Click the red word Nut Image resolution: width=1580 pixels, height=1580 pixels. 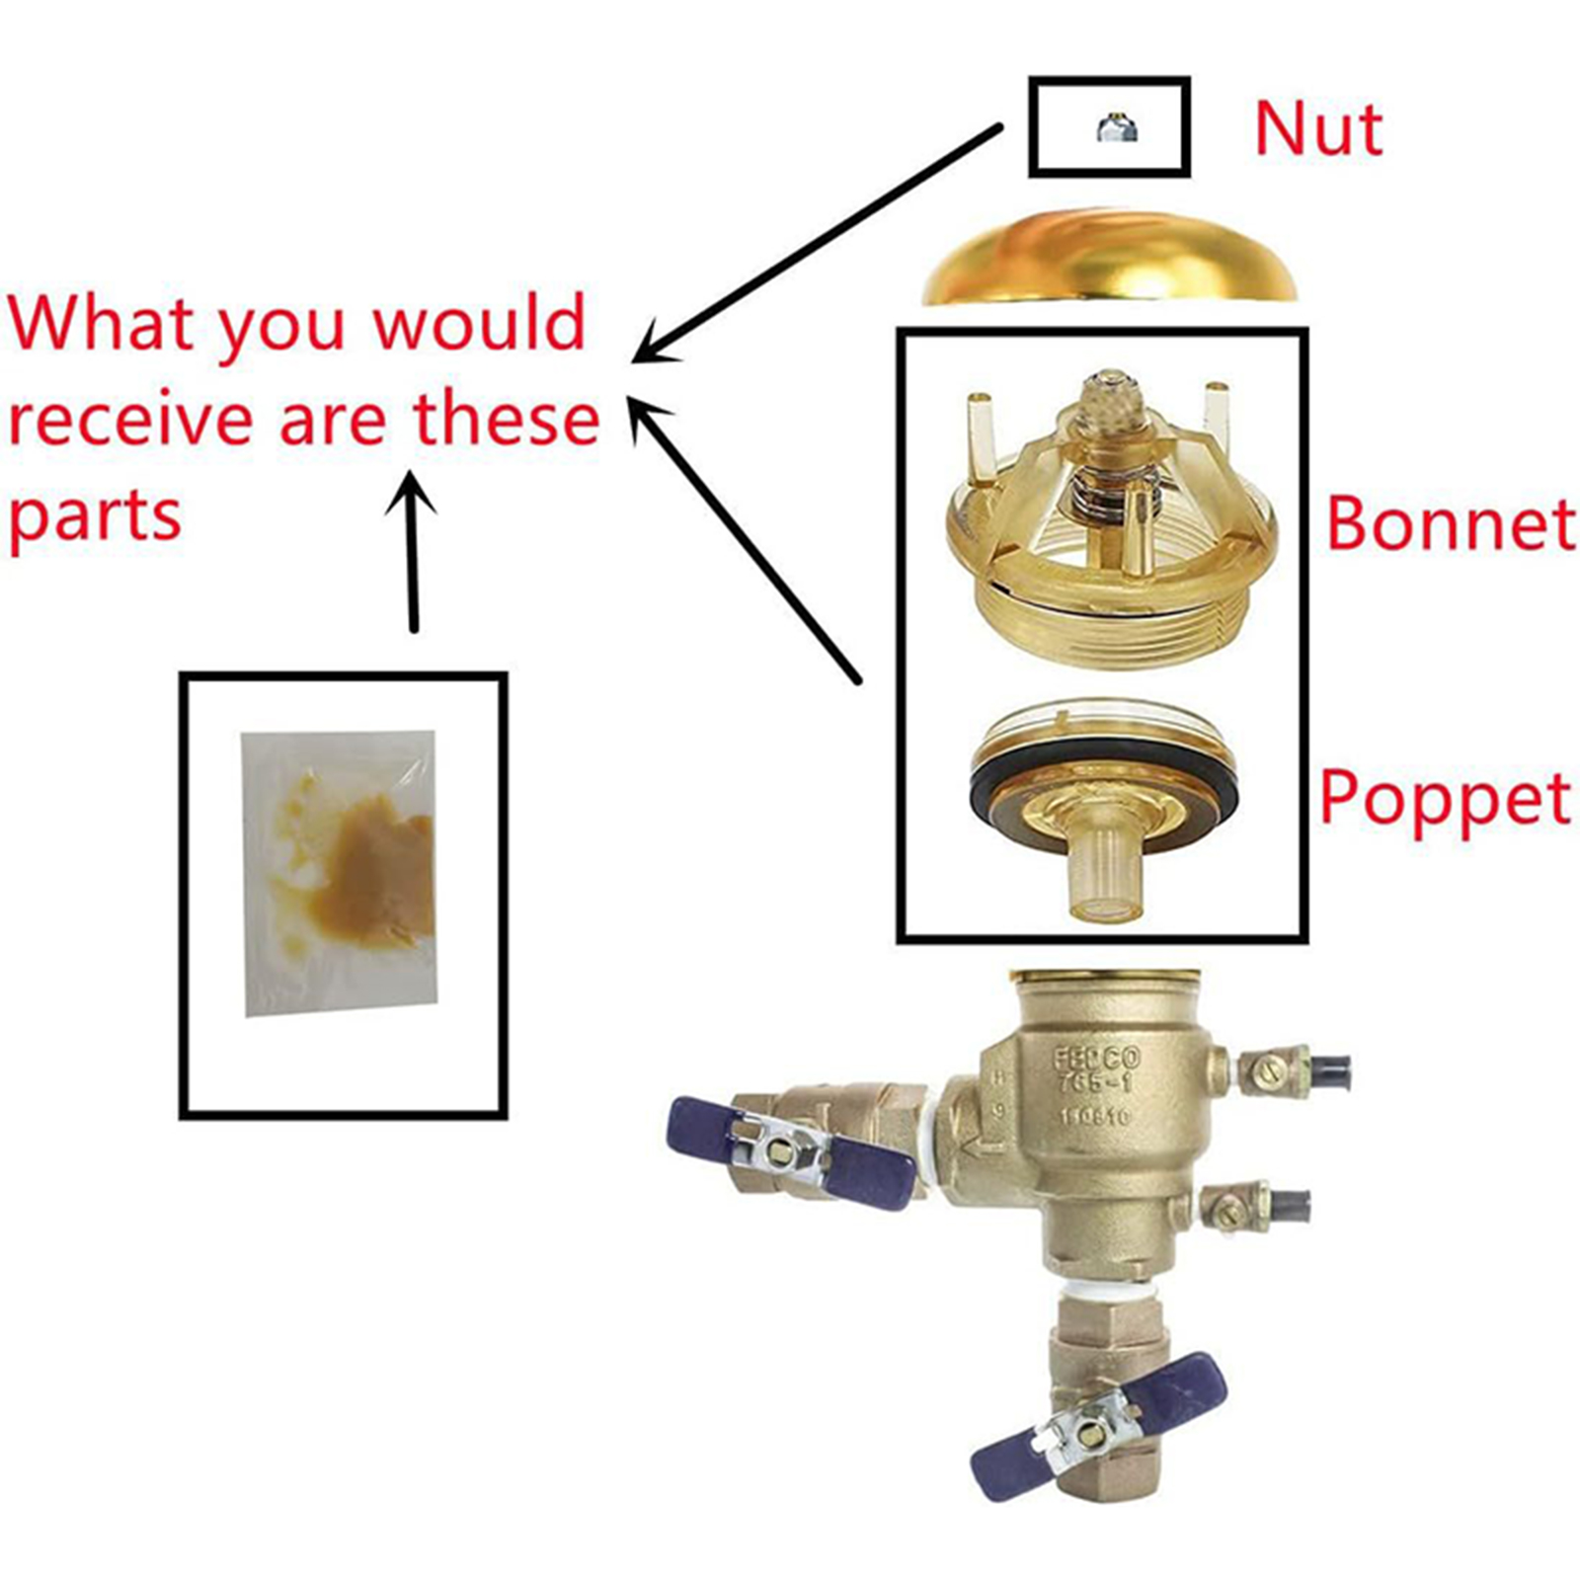pyautogui.click(x=1317, y=128)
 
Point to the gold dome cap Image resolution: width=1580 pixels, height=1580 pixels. pyautogui.click(x=1108, y=259)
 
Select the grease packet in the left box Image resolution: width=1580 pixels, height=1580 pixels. pyautogui.click(x=340, y=873)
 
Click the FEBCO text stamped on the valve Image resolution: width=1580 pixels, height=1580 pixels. pyautogui.click(x=1096, y=1059)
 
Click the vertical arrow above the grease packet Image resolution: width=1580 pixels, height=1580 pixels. pyautogui.click(x=412, y=553)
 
